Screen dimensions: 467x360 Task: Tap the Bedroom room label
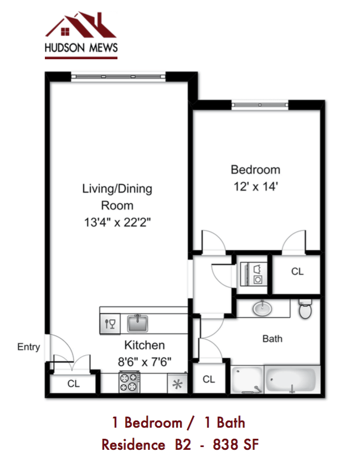pos(255,170)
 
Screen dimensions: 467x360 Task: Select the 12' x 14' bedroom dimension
pos(255,187)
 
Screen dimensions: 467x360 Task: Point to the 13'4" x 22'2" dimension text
pos(117,223)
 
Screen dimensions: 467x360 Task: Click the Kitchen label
pos(144,345)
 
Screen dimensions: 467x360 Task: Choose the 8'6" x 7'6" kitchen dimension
pos(144,361)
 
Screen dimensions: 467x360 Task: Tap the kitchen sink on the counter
pos(137,322)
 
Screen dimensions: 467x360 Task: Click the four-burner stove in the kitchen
pos(129,382)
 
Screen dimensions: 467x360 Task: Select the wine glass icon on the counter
pos(109,324)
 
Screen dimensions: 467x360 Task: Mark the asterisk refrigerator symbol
pos(178,383)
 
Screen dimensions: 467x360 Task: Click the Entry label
pos(29,347)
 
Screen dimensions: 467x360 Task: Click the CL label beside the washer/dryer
pos(297,272)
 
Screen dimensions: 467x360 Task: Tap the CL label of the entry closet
pos(73,383)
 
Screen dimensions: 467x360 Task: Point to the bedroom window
pos(260,104)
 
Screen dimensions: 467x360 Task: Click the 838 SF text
pos(234,444)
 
